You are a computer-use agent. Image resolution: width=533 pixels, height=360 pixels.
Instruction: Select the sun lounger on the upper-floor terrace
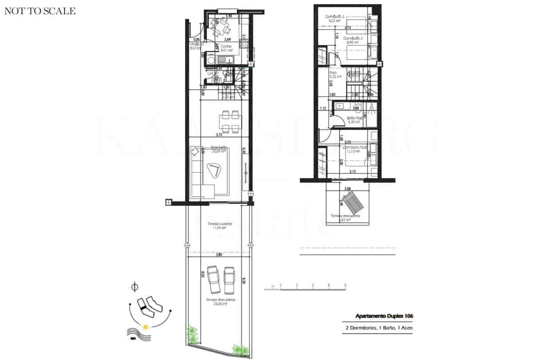click(x=354, y=203)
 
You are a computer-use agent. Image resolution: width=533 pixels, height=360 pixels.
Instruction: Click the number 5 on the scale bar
click(x=345, y=285)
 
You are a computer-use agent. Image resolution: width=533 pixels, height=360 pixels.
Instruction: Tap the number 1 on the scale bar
click(x=281, y=285)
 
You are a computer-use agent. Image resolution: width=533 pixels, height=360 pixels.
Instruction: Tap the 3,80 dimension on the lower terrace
click(x=219, y=256)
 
